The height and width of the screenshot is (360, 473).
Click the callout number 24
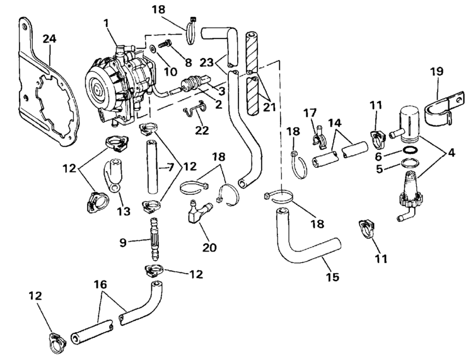[x=49, y=38]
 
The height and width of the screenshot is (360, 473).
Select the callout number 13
[x=124, y=212]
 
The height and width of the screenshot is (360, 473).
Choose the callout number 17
[x=308, y=113]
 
